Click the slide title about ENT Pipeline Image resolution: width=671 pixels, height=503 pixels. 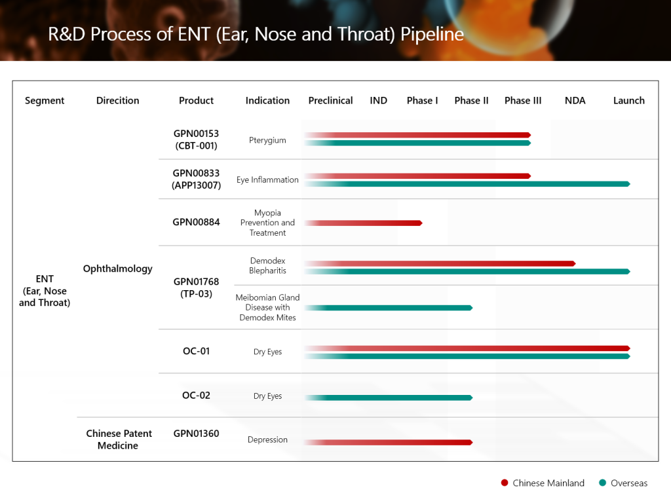(256, 34)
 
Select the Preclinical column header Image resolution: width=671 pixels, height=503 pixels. (330, 100)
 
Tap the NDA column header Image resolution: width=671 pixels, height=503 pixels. (575, 100)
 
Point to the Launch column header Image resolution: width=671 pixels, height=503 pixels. (628, 100)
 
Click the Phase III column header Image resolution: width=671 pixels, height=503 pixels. (523, 100)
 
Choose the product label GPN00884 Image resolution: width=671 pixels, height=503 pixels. (196, 222)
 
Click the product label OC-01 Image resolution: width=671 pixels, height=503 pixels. (196, 351)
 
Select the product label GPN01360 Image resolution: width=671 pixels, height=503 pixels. (196, 433)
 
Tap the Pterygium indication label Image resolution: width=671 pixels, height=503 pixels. (267, 140)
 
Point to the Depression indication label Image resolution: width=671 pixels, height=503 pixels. (267, 439)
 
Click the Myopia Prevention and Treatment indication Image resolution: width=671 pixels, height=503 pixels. (267, 223)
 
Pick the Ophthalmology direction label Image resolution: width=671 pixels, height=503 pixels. (117, 269)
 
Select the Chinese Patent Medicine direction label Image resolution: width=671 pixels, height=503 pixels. (119, 439)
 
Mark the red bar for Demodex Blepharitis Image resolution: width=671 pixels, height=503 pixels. (439, 263)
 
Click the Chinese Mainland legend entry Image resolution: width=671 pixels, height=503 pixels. (543, 483)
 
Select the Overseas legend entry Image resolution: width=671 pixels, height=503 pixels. (623, 483)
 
